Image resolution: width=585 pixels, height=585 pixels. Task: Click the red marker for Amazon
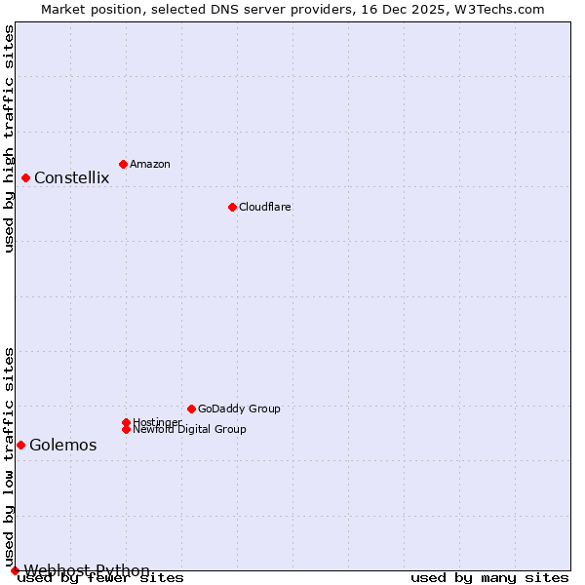click(x=123, y=164)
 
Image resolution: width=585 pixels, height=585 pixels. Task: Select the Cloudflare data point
click(x=232, y=207)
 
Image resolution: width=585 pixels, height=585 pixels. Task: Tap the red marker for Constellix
click(x=25, y=177)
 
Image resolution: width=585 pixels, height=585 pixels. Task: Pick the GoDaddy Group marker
click(x=191, y=409)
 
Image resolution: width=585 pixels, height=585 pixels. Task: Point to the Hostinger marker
click(x=126, y=422)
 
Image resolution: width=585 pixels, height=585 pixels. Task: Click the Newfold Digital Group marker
click(x=126, y=429)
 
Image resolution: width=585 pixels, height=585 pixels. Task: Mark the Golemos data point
click(x=20, y=445)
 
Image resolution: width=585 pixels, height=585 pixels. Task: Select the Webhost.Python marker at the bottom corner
click(x=15, y=570)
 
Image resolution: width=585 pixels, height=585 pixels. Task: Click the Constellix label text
click(x=71, y=177)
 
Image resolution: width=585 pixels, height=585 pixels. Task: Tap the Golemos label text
click(x=62, y=445)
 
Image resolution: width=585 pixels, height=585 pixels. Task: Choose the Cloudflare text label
click(x=264, y=207)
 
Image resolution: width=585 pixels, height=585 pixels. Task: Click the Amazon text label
click(x=149, y=164)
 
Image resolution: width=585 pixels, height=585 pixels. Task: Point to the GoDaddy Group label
click(x=239, y=409)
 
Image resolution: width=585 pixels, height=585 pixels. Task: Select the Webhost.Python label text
click(x=87, y=569)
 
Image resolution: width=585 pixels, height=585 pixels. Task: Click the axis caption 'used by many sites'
click(x=489, y=578)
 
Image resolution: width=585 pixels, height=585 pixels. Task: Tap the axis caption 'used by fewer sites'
click(x=101, y=578)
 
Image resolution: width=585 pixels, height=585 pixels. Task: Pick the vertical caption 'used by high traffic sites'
click(x=9, y=138)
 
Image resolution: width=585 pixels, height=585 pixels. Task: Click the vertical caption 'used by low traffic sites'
click(x=9, y=456)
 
